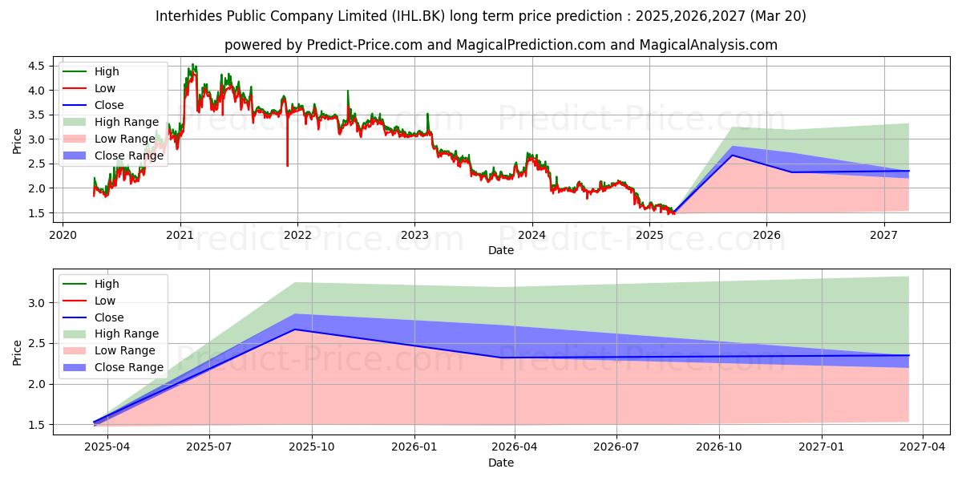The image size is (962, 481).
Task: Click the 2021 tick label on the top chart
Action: tap(180, 235)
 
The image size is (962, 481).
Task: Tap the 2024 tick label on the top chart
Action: tap(532, 235)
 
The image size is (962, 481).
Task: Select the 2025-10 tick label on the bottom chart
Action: tap(312, 447)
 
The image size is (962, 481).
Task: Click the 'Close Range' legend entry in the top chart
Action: tap(128, 156)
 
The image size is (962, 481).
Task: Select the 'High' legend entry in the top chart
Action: tap(107, 71)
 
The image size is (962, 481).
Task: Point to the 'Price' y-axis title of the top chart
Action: tap(18, 141)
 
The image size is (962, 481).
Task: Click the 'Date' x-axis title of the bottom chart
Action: tap(501, 463)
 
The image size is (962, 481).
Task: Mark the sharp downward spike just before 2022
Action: tap(287, 164)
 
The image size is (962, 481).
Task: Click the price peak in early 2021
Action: tap(192, 65)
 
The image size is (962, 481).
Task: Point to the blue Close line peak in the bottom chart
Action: tap(294, 329)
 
